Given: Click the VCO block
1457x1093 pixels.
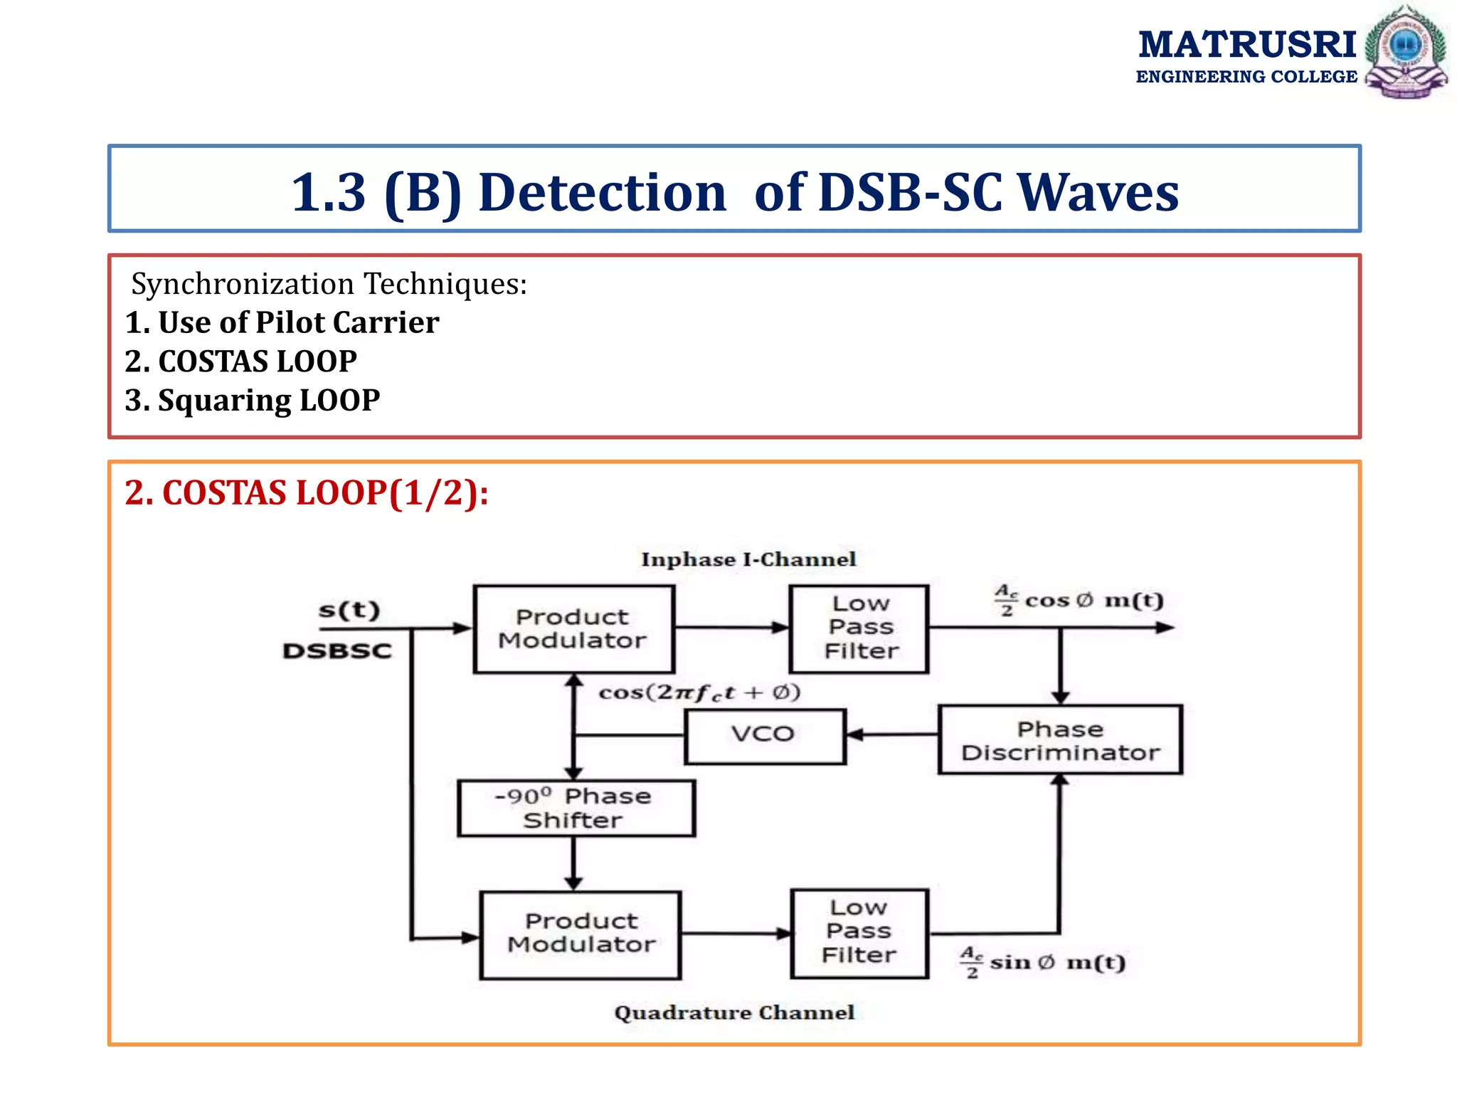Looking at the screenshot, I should pyautogui.click(x=765, y=736).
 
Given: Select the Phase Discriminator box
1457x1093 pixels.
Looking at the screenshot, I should pyautogui.click(x=1059, y=740).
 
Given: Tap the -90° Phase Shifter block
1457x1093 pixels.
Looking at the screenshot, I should pyautogui.click(x=575, y=808).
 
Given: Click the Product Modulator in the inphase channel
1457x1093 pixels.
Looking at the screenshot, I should pyautogui.click(x=573, y=629).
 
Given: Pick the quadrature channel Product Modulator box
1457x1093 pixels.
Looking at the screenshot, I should pyautogui.click(x=581, y=934).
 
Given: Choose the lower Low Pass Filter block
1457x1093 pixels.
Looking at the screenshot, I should pyautogui.click(x=859, y=932).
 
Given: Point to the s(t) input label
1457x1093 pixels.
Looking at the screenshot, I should pyautogui.click(x=349, y=611).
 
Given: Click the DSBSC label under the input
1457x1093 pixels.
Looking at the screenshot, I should pyautogui.click(x=337, y=651).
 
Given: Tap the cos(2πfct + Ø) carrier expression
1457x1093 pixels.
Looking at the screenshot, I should pyautogui.click(x=699, y=692).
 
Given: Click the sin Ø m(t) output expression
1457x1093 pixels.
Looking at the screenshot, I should pyautogui.click(x=1043, y=963).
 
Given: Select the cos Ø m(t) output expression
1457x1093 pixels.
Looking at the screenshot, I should pyautogui.click(x=1079, y=601).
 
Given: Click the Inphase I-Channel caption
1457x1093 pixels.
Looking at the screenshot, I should pyautogui.click(x=748, y=559).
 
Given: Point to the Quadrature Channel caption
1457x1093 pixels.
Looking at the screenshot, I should pyautogui.click(x=734, y=1013).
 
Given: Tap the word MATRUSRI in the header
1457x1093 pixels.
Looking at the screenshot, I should pyautogui.click(x=1246, y=45).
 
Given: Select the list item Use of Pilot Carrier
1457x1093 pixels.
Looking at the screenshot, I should pyautogui.click(x=282, y=322).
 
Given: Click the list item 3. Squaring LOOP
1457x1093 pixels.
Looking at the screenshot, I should pyautogui.click(x=252, y=400).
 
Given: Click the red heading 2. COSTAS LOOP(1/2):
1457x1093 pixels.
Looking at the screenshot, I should pyautogui.click(x=307, y=493).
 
